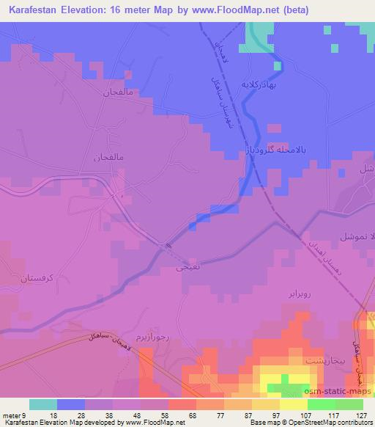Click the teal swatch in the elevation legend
(x=43, y=404)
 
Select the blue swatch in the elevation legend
(x=71, y=404)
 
